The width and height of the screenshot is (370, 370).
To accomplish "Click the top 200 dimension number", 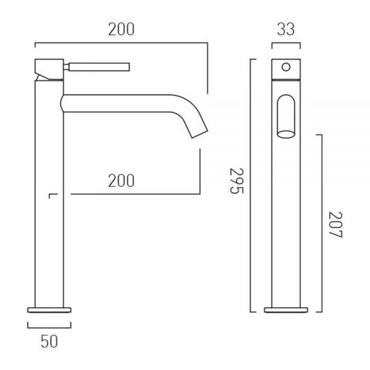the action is click(121, 29).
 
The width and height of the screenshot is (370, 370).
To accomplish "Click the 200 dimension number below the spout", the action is click(121, 181).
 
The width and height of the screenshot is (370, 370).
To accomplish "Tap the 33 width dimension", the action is click(286, 29).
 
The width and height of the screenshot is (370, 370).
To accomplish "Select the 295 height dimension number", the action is click(236, 181).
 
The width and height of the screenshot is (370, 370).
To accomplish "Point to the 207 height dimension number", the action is click(335, 224).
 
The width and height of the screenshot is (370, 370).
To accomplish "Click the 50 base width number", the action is click(49, 341).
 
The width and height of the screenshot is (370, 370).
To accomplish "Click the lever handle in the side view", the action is click(99, 67).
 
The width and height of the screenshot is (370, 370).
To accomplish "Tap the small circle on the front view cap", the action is click(286, 67).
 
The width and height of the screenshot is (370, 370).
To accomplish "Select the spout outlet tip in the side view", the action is click(200, 134).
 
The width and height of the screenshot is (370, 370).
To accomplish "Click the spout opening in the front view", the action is click(286, 134).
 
